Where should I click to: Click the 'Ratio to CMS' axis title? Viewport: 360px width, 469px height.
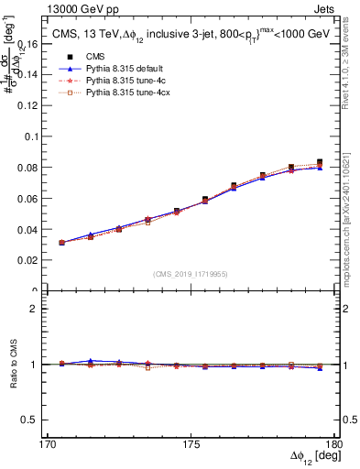point(14,364)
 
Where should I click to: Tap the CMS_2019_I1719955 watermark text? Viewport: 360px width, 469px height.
point(191,273)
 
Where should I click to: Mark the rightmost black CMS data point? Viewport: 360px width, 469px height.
point(320,162)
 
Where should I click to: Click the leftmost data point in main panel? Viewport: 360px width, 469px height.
point(61,243)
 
